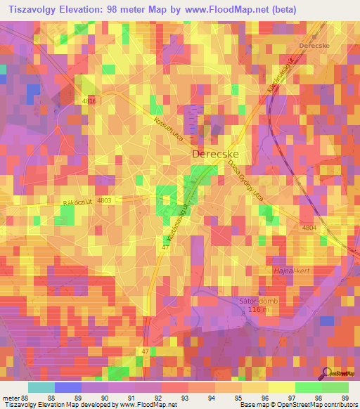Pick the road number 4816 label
click(88, 102)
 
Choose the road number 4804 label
click(309, 228)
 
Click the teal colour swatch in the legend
click(41, 387)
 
